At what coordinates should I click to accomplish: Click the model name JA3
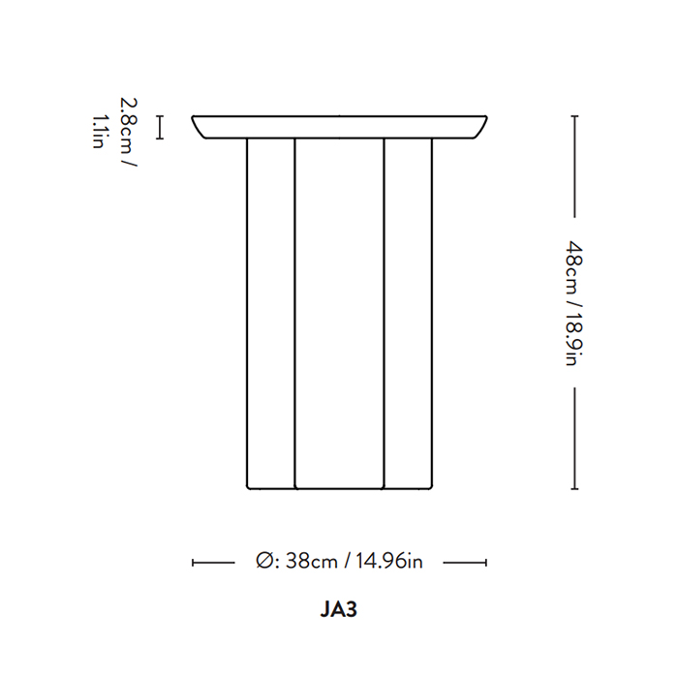tap(339, 609)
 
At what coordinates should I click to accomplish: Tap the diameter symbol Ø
tap(264, 561)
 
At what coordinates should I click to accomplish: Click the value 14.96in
tap(389, 561)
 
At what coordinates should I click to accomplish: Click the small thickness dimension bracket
tap(160, 127)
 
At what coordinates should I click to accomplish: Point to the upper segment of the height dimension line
tap(574, 167)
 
